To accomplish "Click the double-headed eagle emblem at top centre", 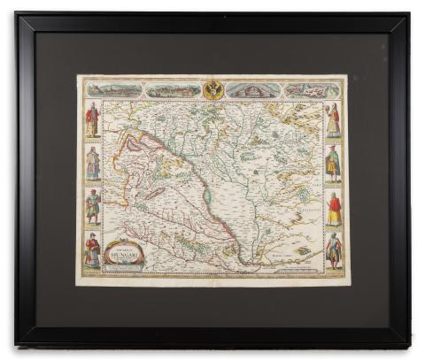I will tap(212, 89).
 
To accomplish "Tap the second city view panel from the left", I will tap(173, 89).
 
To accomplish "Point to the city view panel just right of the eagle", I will tap(253, 89).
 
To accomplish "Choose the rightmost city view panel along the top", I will tap(311, 89).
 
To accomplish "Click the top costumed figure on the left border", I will tap(92, 119).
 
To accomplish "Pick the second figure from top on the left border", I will tap(92, 164).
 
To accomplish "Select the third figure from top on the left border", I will tap(92, 206).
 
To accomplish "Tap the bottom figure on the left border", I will tap(92, 249).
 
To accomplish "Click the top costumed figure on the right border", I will tap(333, 119).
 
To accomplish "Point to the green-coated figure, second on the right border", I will tap(333, 164).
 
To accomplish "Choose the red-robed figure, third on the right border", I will tap(334, 209).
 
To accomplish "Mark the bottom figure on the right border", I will tap(333, 250).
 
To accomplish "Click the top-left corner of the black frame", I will tap(17, 14).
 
